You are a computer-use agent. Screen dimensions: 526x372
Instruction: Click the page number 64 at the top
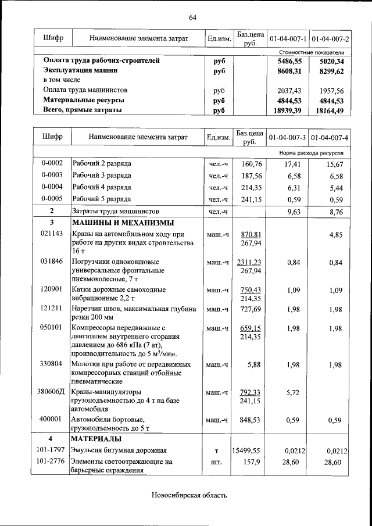click(x=192, y=17)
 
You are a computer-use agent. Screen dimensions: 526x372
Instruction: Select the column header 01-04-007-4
click(x=330, y=138)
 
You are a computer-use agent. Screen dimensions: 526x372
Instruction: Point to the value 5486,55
click(x=291, y=60)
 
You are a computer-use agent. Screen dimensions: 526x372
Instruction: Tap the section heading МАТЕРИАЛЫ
click(x=96, y=438)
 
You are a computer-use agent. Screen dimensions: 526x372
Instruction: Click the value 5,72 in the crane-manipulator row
click(x=292, y=392)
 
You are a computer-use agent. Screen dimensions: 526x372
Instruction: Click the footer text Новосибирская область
click(x=188, y=496)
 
